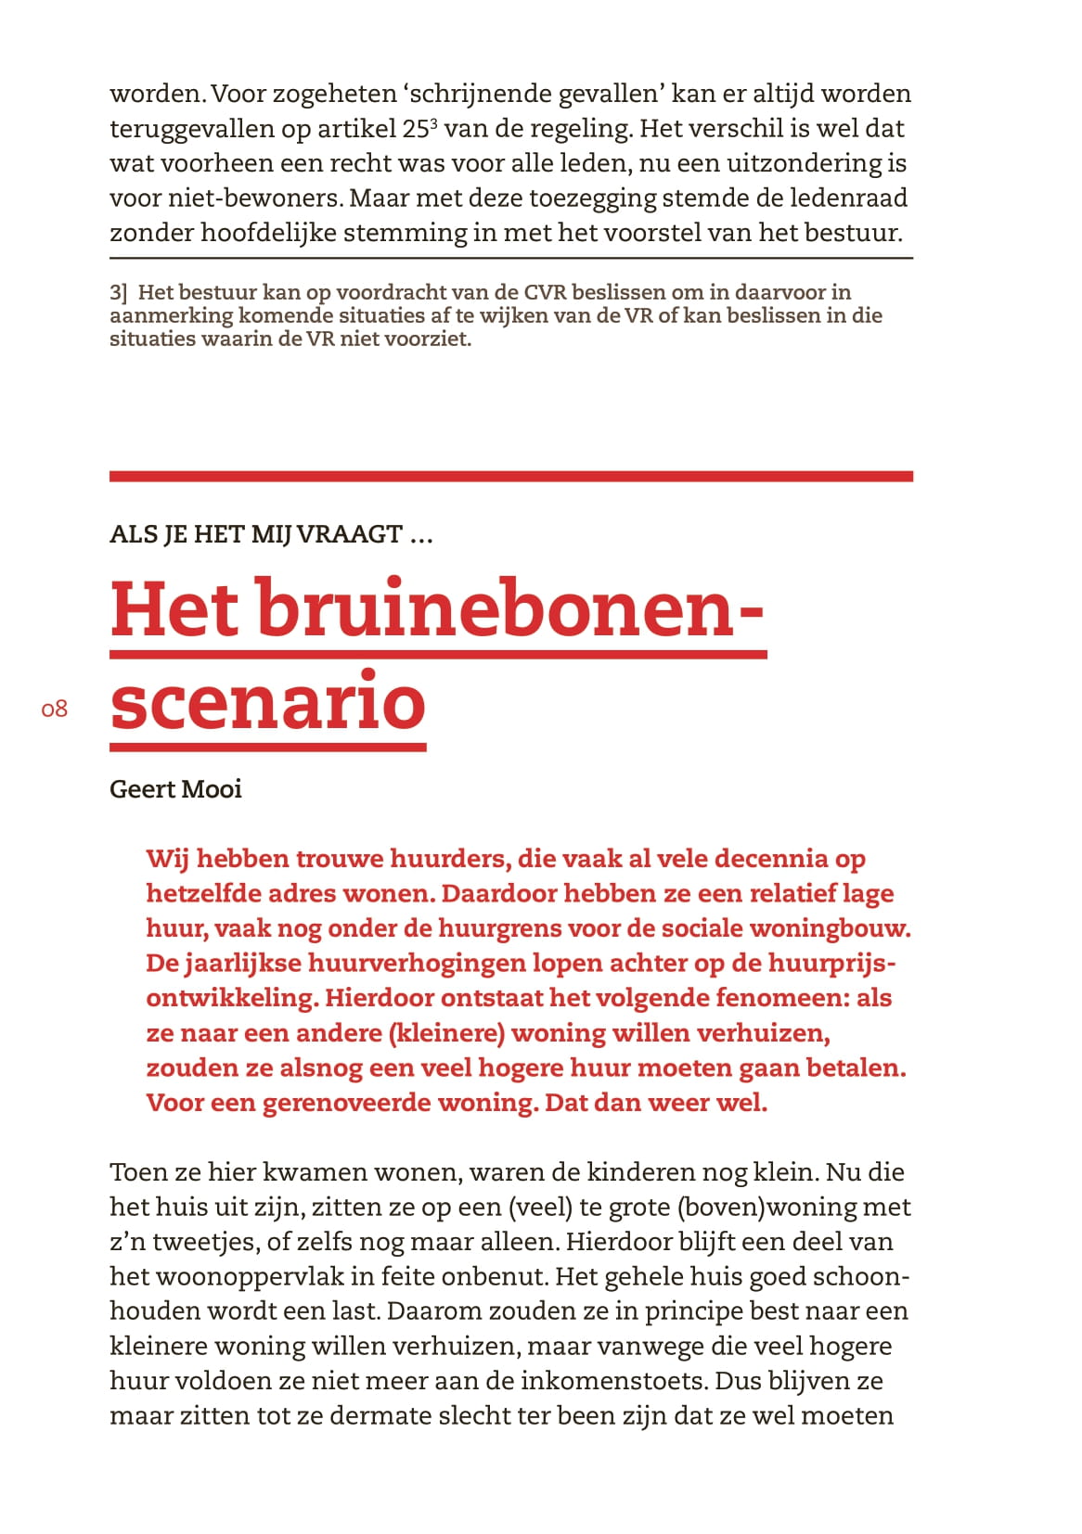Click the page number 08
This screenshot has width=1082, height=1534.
pyautogui.click(x=55, y=709)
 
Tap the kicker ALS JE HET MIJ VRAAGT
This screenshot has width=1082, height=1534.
pyautogui.click(x=271, y=535)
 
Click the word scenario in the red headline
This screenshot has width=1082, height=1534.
pyautogui.click(x=267, y=702)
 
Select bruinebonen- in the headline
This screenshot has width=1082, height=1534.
pyautogui.click(x=509, y=608)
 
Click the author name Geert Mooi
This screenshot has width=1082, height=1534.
pyautogui.click(x=175, y=789)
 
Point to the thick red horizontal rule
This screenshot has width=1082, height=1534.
pyautogui.click(x=510, y=477)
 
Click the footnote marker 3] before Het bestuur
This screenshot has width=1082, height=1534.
pyautogui.click(x=118, y=293)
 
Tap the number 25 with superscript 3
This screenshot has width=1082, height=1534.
pyautogui.click(x=419, y=128)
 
